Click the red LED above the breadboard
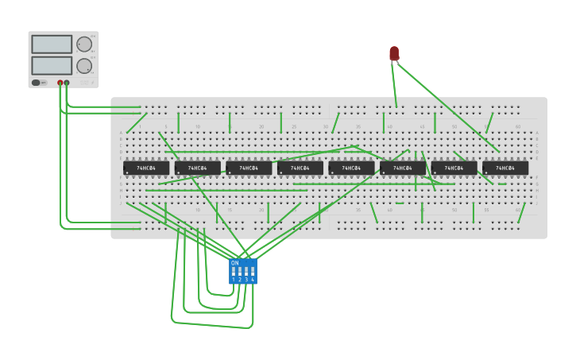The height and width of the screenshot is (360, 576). click(x=394, y=53)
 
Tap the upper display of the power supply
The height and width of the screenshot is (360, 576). click(x=52, y=45)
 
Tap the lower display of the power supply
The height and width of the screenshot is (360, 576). click(x=52, y=65)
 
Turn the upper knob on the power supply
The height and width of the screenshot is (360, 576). click(x=83, y=45)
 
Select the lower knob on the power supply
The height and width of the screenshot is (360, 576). click(x=83, y=65)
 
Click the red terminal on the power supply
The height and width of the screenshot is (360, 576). click(x=60, y=83)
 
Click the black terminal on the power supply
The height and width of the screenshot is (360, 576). click(x=67, y=83)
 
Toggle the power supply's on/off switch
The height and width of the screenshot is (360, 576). click(x=37, y=83)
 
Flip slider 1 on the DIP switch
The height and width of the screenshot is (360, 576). click(x=234, y=272)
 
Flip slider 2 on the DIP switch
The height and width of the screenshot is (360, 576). click(x=240, y=272)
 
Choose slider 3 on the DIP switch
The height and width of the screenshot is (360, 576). click(x=246, y=272)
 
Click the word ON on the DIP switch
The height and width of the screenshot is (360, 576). click(x=235, y=263)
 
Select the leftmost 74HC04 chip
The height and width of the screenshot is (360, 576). click(x=146, y=168)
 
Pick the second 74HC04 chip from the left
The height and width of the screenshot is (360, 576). click(x=198, y=168)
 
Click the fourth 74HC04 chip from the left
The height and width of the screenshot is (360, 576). click(x=300, y=168)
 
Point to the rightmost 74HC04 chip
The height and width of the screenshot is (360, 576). click(x=505, y=168)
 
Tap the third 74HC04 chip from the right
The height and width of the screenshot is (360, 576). click(x=403, y=168)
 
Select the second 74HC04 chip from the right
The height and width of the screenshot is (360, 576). click(x=454, y=168)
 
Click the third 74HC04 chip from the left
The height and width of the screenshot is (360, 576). click(x=249, y=168)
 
